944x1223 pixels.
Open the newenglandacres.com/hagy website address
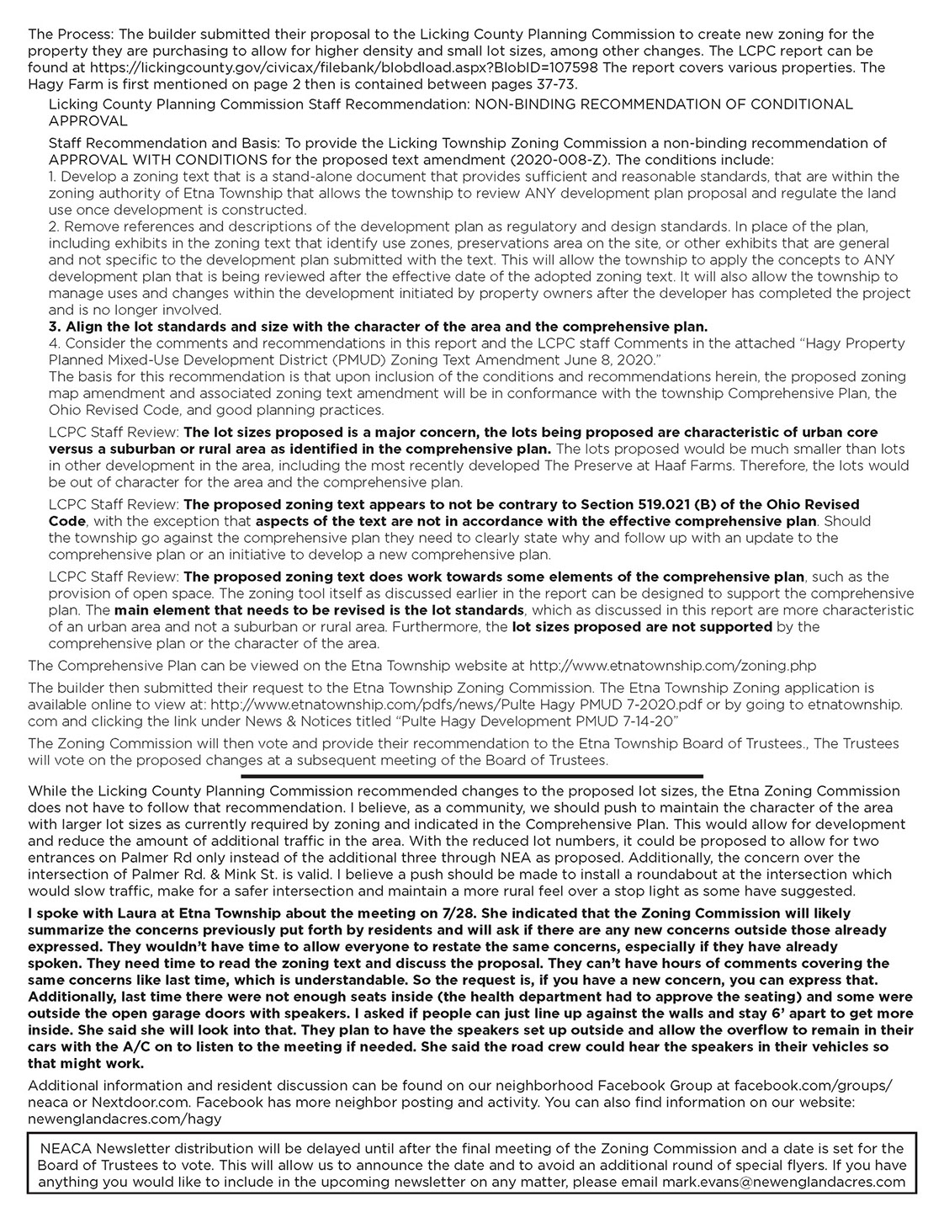pos(125,1117)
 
